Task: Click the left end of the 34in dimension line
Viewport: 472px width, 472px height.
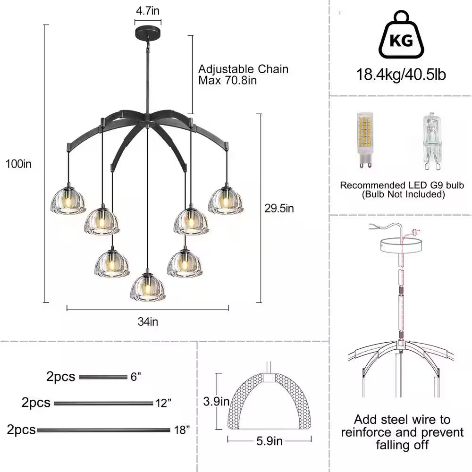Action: (67, 308)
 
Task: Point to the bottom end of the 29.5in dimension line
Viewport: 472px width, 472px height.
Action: (259, 302)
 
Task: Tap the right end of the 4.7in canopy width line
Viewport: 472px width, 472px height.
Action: (161, 22)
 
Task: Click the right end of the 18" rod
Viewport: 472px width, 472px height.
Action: (170, 430)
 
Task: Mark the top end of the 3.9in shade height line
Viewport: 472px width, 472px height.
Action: (219, 373)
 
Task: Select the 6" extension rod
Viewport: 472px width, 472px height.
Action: (103, 377)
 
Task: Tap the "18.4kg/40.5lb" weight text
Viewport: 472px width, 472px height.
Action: (401, 75)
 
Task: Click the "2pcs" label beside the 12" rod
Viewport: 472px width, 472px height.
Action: (36, 403)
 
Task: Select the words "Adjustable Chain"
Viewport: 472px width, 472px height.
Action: (243, 69)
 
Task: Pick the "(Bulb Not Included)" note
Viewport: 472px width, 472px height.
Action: (404, 194)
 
